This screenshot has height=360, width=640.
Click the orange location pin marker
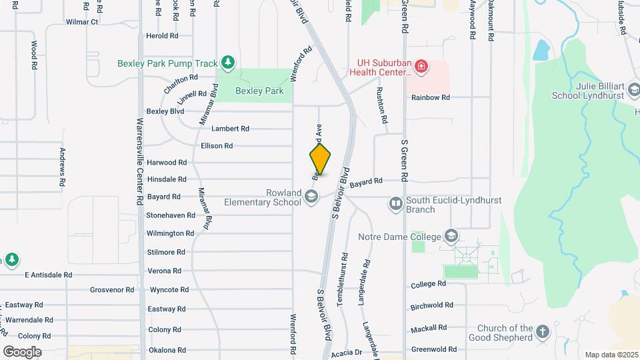coord(320,159)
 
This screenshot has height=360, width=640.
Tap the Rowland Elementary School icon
coord(311,196)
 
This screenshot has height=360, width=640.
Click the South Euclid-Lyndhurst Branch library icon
coord(396,203)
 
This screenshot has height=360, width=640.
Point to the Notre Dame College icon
coord(452,236)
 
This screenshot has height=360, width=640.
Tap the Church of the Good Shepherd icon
coord(543,331)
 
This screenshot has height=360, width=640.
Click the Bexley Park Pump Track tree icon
coord(228,63)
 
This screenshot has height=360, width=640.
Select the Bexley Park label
coord(259,91)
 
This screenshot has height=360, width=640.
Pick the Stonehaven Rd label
coord(171,215)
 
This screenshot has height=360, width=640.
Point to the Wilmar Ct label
coord(82,22)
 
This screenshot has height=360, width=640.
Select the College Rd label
coord(428,284)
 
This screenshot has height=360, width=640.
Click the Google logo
coord(23,351)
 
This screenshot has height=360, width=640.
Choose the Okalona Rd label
coord(167,350)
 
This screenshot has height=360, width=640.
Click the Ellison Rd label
coord(217,145)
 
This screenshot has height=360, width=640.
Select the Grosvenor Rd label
coord(112,290)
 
